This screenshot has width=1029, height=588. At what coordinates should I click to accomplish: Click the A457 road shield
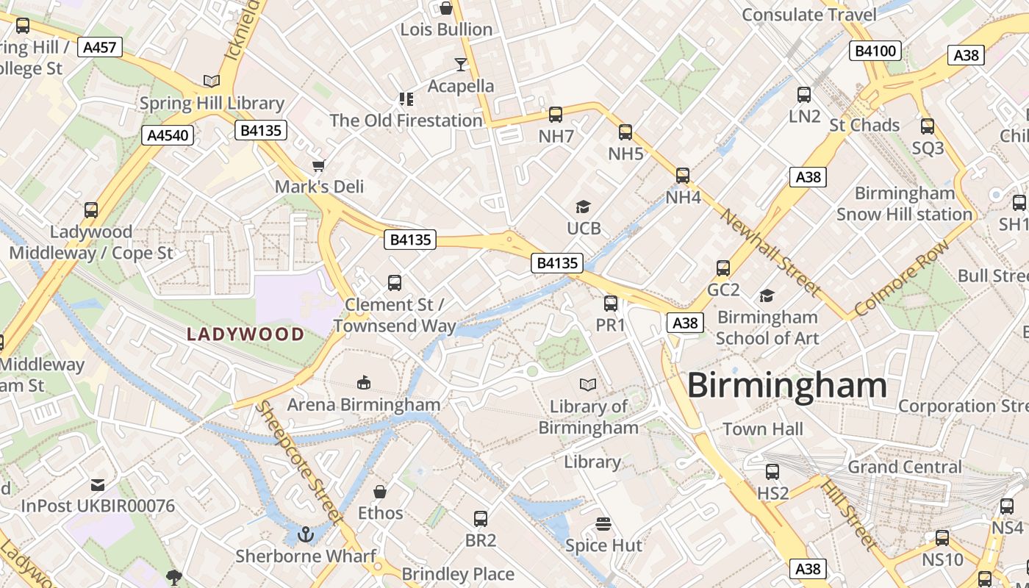(x=99, y=48)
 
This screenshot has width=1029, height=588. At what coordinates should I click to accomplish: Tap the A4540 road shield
(x=168, y=135)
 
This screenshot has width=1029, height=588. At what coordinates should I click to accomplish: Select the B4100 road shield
(x=875, y=51)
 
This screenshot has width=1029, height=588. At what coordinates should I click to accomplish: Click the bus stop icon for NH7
(x=556, y=115)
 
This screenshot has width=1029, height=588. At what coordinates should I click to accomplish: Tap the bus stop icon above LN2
(x=804, y=95)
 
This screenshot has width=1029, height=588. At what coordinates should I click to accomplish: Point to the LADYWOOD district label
(x=245, y=334)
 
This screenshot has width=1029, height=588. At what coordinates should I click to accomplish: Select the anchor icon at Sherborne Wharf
(x=306, y=534)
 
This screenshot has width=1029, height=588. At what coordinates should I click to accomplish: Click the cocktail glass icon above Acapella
(x=461, y=65)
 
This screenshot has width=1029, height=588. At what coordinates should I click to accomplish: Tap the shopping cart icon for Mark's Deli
(x=318, y=166)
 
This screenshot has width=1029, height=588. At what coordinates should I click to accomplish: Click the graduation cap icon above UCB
(x=584, y=207)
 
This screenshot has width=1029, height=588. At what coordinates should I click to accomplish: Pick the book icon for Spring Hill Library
(x=212, y=82)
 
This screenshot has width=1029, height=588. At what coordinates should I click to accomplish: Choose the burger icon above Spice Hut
(x=603, y=524)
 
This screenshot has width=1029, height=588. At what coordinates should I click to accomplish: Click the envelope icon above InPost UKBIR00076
(x=98, y=485)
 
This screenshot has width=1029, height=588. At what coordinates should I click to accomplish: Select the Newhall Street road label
(x=770, y=252)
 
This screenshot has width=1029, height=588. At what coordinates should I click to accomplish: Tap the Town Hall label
(x=763, y=429)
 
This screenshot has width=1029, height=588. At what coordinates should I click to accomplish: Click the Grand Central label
(x=904, y=467)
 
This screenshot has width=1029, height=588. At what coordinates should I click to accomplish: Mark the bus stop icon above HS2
(x=772, y=472)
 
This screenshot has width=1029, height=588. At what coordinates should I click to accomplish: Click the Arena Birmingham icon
(x=363, y=382)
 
